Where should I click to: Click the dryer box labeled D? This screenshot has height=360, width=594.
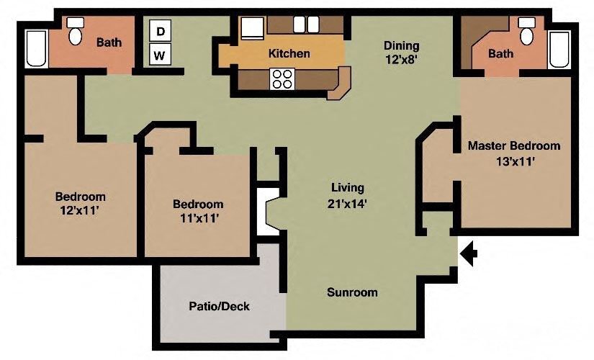click(161, 32)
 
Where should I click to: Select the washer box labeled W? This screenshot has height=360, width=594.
click(161, 54)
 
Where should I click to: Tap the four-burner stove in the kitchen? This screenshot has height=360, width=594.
click(281, 78)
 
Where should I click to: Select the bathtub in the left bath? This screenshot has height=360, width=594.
click(35, 48)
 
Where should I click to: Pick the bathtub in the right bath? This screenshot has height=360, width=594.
click(559, 50)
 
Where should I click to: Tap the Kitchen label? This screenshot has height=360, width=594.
click(289, 53)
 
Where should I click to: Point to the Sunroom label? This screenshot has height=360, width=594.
click(352, 292)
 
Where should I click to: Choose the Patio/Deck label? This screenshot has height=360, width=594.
click(219, 306)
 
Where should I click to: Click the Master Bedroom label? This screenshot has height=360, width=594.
click(513, 145)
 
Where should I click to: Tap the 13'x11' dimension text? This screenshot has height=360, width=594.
click(515, 161)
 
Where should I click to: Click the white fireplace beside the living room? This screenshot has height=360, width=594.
click(267, 212)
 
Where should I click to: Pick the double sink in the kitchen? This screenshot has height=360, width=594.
click(306, 24)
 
